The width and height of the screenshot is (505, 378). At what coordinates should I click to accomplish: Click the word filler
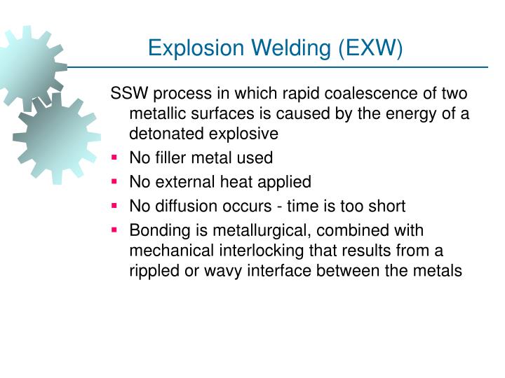coord(169,158)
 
